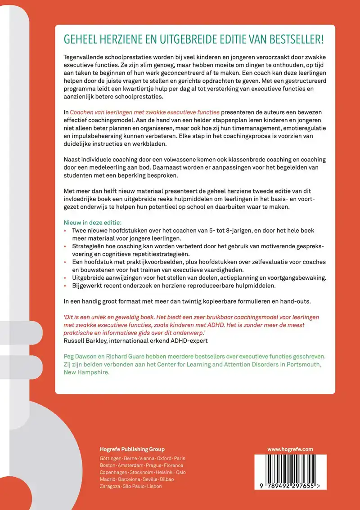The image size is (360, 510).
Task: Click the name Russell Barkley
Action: (84, 340)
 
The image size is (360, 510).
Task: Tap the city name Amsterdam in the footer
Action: (130, 465)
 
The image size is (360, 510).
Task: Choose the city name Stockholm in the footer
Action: (141, 472)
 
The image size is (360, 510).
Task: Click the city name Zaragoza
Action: (110, 486)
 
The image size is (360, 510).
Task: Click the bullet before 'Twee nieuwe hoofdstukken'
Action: (65, 231)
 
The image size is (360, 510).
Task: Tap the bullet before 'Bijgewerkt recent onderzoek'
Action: (65, 286)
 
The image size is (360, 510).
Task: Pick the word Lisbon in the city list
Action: (154, 486)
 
